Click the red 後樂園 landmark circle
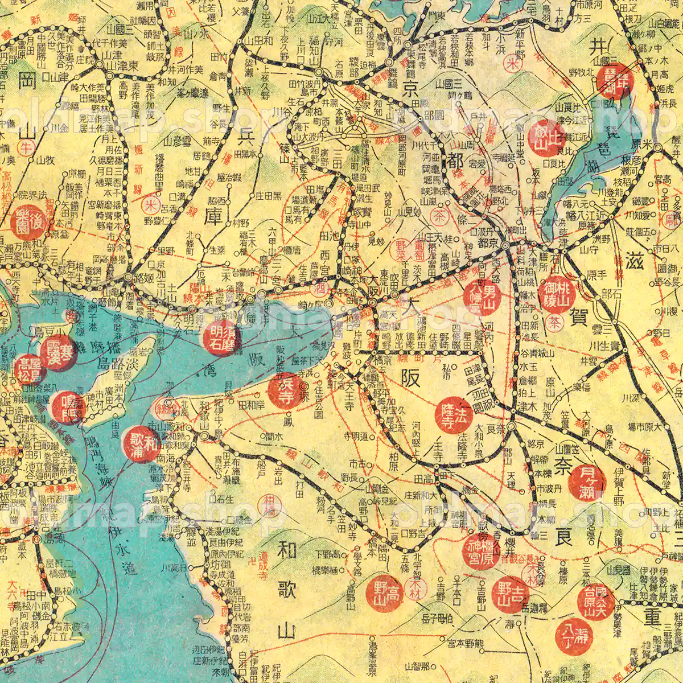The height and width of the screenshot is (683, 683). point(26,222)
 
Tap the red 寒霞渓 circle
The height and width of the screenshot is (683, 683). point(57,353)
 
